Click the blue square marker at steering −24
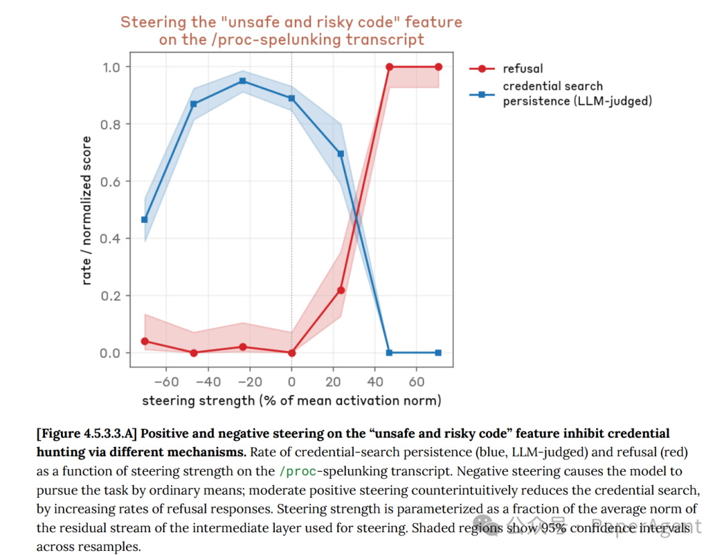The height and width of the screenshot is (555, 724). (243, 81)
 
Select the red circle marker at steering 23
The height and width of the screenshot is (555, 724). (341, 290)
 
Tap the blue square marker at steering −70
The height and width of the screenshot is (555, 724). (145, 219)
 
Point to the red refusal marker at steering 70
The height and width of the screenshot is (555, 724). (438, 67)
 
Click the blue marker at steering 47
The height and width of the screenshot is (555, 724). (389, 353)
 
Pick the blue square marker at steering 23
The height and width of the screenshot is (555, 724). (341, 154)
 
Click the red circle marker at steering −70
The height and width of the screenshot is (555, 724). (145, 341)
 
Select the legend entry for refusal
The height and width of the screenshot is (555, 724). (523, 68)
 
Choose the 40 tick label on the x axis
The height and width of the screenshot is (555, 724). (375, 382)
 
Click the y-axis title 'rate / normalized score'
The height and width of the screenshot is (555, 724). (86, 210)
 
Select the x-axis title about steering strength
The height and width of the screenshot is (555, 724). (292, 401)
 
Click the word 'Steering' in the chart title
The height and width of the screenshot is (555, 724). (149, 22)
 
